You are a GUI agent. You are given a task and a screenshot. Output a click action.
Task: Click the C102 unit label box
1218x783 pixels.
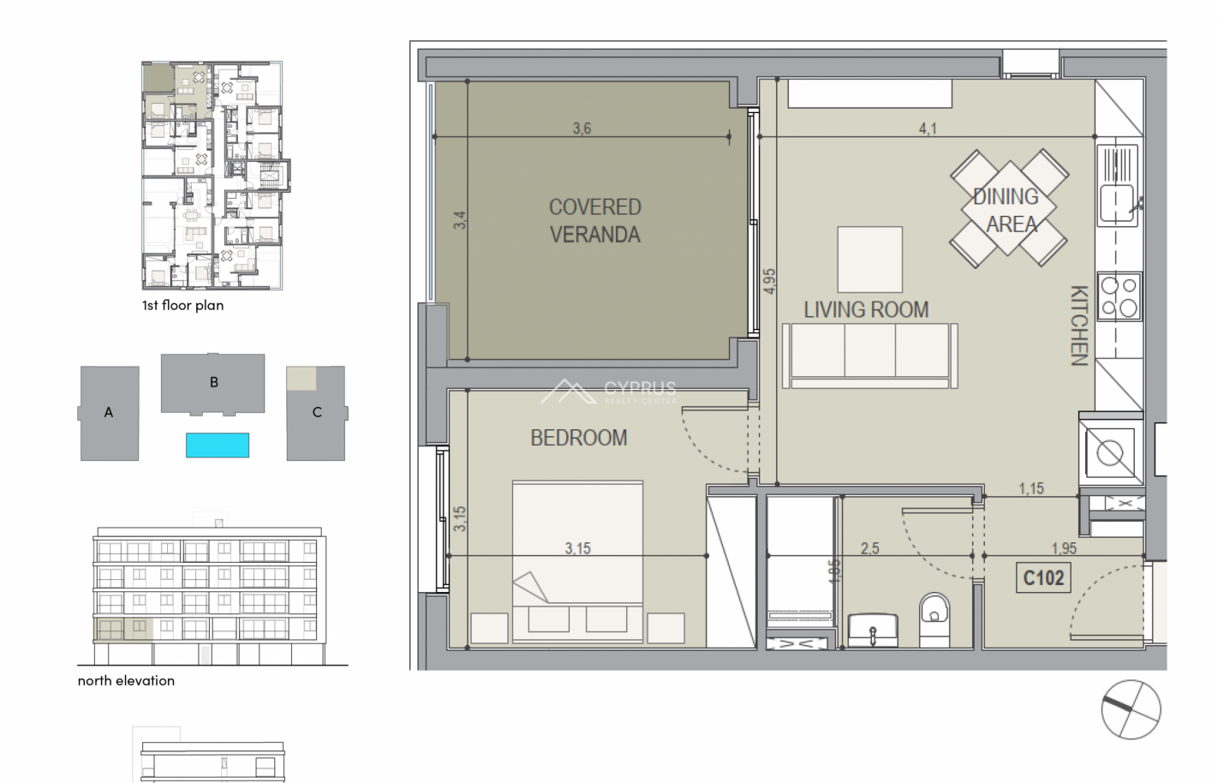pyautogui.click(x=1043, y=577)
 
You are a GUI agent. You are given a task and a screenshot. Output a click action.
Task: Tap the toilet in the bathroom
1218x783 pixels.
pyautogui.click(x=934, y=620)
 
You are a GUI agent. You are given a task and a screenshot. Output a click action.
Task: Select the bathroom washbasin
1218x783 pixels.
pyautogui.click(x=872, y=631)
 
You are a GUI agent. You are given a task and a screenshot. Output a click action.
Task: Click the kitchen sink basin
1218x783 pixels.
pyautogui.click(x=1118, y=203)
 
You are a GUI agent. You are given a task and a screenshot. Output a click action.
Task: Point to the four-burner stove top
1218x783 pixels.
pyautogui.click(x=1119, y=296)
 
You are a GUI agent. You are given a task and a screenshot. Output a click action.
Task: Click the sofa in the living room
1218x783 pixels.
pyautogui.click(x=869, y=356)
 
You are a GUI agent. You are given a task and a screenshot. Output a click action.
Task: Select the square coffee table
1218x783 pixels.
pyautogui.click(x=870, y=260)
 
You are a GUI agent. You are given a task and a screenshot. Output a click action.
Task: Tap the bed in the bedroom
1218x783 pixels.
pyautogui.click(x=577, y=562)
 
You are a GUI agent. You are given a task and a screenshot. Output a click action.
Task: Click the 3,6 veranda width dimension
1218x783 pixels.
pyautogui.click(x=582, y=129)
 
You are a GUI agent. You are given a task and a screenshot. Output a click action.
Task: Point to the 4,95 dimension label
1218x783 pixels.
pyautogui.click(x=769, y=281)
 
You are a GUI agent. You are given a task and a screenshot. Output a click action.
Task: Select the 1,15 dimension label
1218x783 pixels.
pyautogui.click(x=1031, y=488)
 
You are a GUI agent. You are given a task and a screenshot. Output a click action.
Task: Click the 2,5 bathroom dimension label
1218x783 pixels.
pyautogui.click(x=869, y=548)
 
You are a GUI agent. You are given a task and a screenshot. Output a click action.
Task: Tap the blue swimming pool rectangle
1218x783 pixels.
pyautogui.click(x=218, y=445)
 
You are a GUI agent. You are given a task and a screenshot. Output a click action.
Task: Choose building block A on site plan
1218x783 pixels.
pyautogui.click(x=109, y=413)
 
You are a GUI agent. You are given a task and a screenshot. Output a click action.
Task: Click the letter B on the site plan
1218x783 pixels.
pyautogui.click(x=214, y=382)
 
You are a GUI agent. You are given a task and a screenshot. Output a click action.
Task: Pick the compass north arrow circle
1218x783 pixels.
pyautogui.click(x=1131, y=709)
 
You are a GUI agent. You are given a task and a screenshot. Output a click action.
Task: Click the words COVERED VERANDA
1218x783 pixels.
pyautogui.click(x=594, y=221)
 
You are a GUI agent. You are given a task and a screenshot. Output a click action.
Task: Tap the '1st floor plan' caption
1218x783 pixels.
pyautogui.click(x=182, y=305)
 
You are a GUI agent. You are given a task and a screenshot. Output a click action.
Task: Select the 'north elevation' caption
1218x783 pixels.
pyautogui.click(x=126, y=680)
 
